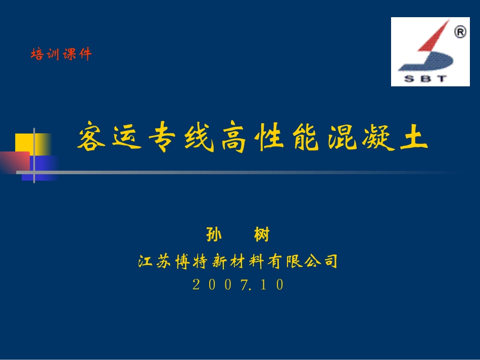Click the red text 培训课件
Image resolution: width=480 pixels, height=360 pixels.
[x=61, y=54]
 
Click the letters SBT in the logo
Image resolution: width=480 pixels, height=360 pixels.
[x=425, y=78]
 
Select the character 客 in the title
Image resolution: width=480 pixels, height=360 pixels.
[x=91, y=138]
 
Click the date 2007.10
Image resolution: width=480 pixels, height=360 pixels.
[x=238, y=285]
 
